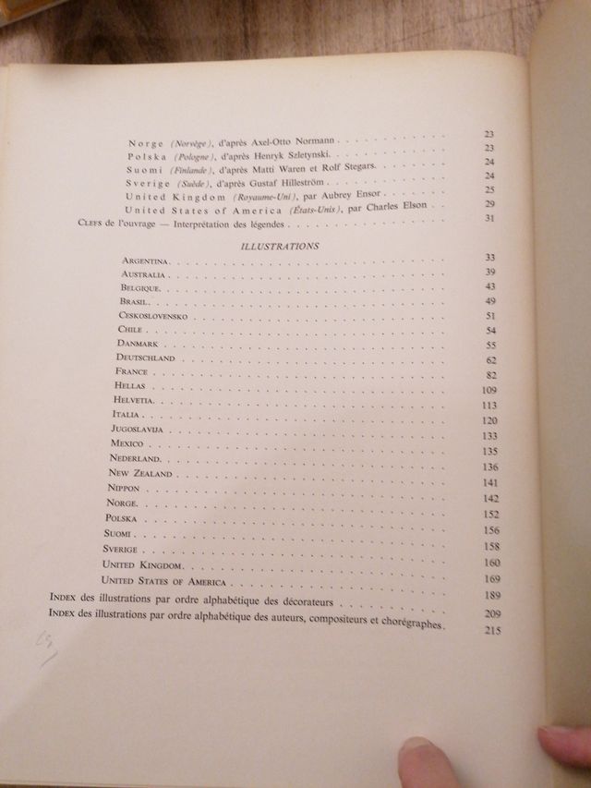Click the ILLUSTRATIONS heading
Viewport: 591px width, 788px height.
click(279, 247)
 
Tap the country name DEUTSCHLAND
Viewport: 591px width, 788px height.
click(147, 357)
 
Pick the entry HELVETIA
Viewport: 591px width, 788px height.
click(139, 401)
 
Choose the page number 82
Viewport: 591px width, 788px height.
click(490, 376)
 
